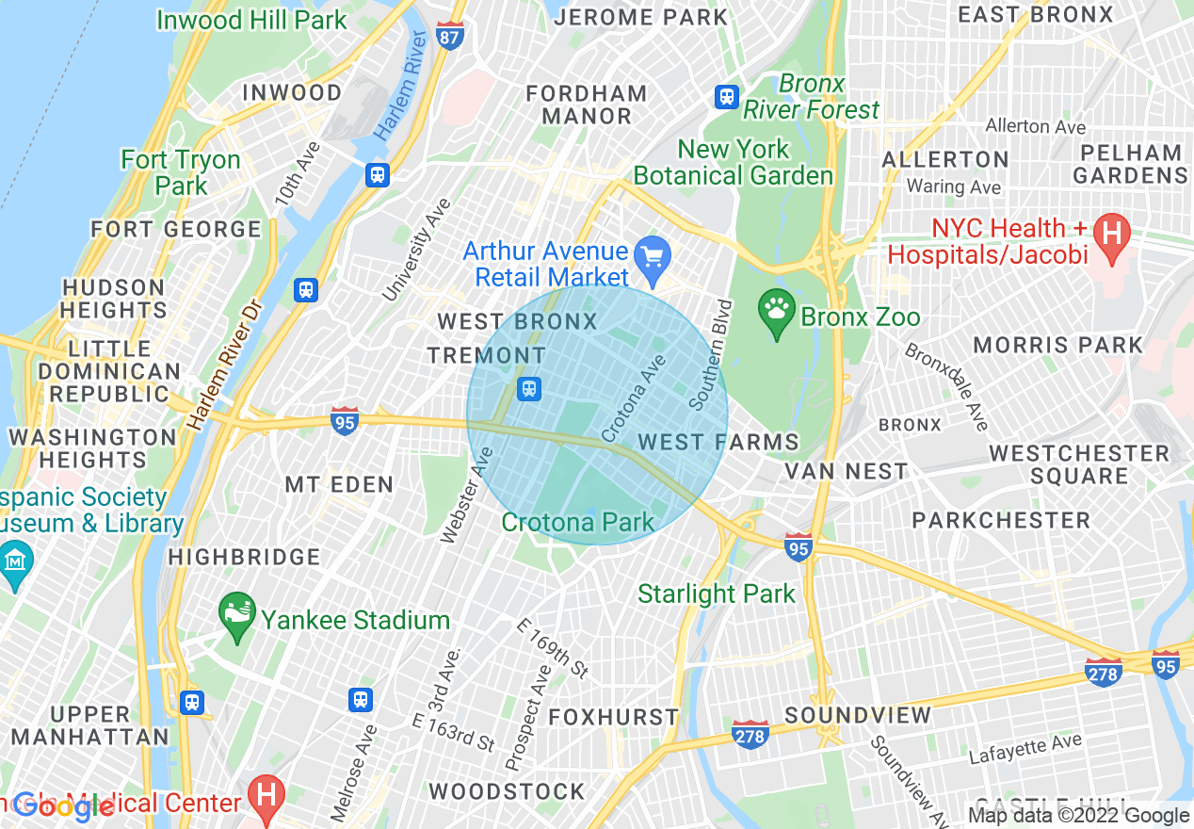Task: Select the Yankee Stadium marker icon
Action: coord(236,613)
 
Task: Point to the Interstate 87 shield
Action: coord(450,36)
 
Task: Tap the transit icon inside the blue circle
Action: coord(529,388)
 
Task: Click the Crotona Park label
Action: coord(577,522)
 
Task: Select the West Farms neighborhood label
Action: coord(718,442)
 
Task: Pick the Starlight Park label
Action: coord(716,593)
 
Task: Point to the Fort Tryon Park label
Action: coord(181,172)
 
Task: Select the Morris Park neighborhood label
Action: coord(1057,345)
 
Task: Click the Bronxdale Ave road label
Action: coord(946,386)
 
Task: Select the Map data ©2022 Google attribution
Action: coord(1078,816)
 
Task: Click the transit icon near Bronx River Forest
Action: coord(726,96)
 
